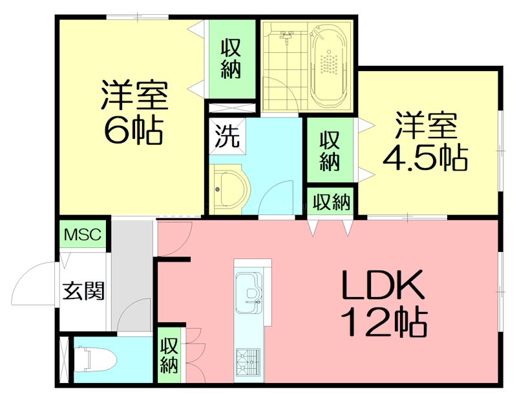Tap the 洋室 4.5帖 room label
coord(425,141)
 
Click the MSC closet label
coord(82,234)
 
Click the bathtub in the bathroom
coord(330,65)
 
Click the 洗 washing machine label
coord(226,137)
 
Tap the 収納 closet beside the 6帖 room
coord(231,59)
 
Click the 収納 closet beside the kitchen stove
coord(169,355)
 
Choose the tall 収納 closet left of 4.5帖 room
coord(330,150)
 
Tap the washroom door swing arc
coord(278,197)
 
